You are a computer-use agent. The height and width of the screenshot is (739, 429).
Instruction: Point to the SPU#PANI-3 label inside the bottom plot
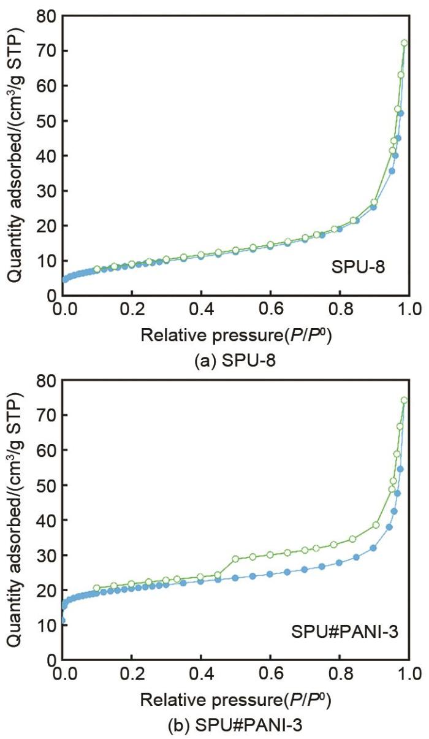340,629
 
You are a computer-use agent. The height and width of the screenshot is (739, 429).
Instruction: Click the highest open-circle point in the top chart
404,43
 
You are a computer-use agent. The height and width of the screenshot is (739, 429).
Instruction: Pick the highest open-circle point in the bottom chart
404,400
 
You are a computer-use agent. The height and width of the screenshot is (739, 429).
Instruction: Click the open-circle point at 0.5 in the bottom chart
235,559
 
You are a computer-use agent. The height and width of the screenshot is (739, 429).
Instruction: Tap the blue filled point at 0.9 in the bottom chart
373,548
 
